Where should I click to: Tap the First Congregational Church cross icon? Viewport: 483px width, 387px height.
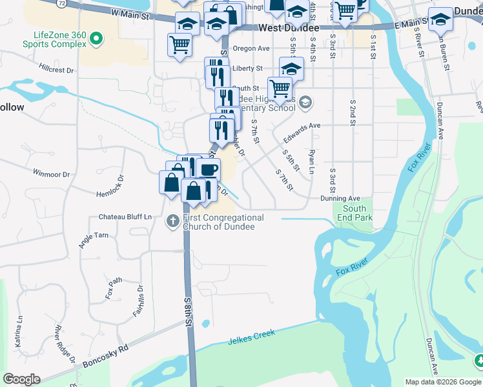coord(172,221)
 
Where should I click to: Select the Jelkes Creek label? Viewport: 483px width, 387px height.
coord(251,337)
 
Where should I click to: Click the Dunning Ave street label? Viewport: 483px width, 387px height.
coord(340,199)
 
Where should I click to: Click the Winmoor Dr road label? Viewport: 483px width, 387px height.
coord(51,174)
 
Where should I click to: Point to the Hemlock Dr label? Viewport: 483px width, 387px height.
coord(108,186)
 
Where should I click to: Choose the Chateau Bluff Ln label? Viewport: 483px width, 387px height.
coord(125,217)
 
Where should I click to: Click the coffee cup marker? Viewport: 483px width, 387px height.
coord(208,170)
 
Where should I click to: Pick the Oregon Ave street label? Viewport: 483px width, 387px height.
coord(251,48)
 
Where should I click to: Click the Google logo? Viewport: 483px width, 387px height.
coord(21,379)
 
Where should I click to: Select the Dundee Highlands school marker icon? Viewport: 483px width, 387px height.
coord(305,102)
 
